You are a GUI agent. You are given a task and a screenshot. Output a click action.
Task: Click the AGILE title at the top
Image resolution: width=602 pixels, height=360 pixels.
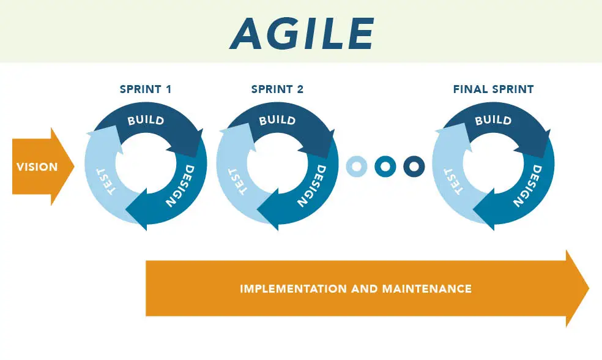click(302, 34)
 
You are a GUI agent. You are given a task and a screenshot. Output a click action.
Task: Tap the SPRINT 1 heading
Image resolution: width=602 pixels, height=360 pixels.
click(146, 89)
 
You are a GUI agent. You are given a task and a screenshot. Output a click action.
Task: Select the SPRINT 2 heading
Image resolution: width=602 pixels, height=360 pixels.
click(277, 89)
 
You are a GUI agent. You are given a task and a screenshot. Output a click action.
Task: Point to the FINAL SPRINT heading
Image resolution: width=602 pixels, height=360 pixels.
click(493, 89)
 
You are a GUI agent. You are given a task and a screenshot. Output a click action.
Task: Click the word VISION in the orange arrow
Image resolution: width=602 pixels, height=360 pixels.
click(37, 167)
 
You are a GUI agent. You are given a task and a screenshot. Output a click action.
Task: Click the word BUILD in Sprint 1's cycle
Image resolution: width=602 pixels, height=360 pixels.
click(146, 120)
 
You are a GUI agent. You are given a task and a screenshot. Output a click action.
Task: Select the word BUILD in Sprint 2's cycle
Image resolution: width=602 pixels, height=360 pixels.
click(277, 120)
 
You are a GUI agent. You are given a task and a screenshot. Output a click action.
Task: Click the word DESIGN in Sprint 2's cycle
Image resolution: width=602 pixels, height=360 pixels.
click(313, 186)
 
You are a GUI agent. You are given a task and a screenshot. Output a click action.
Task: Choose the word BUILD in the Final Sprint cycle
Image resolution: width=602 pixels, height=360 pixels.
click(493, 120)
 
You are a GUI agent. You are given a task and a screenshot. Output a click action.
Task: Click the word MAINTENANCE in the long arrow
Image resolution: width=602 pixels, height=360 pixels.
click(427, 288)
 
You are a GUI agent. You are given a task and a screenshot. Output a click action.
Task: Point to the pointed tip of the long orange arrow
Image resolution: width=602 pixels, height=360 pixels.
click(589, 288)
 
